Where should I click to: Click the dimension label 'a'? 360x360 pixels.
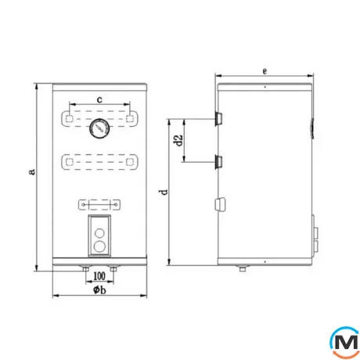32,171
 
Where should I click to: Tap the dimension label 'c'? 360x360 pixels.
99,99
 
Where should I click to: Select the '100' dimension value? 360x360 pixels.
99,275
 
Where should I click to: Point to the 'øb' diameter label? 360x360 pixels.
99,290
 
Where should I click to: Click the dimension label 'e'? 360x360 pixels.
265,71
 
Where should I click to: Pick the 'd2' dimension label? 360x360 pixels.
178,140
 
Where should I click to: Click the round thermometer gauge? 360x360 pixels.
99,128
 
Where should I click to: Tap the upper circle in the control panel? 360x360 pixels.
99,233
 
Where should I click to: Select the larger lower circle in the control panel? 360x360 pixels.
99,247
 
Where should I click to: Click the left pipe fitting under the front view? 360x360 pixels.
85,269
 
